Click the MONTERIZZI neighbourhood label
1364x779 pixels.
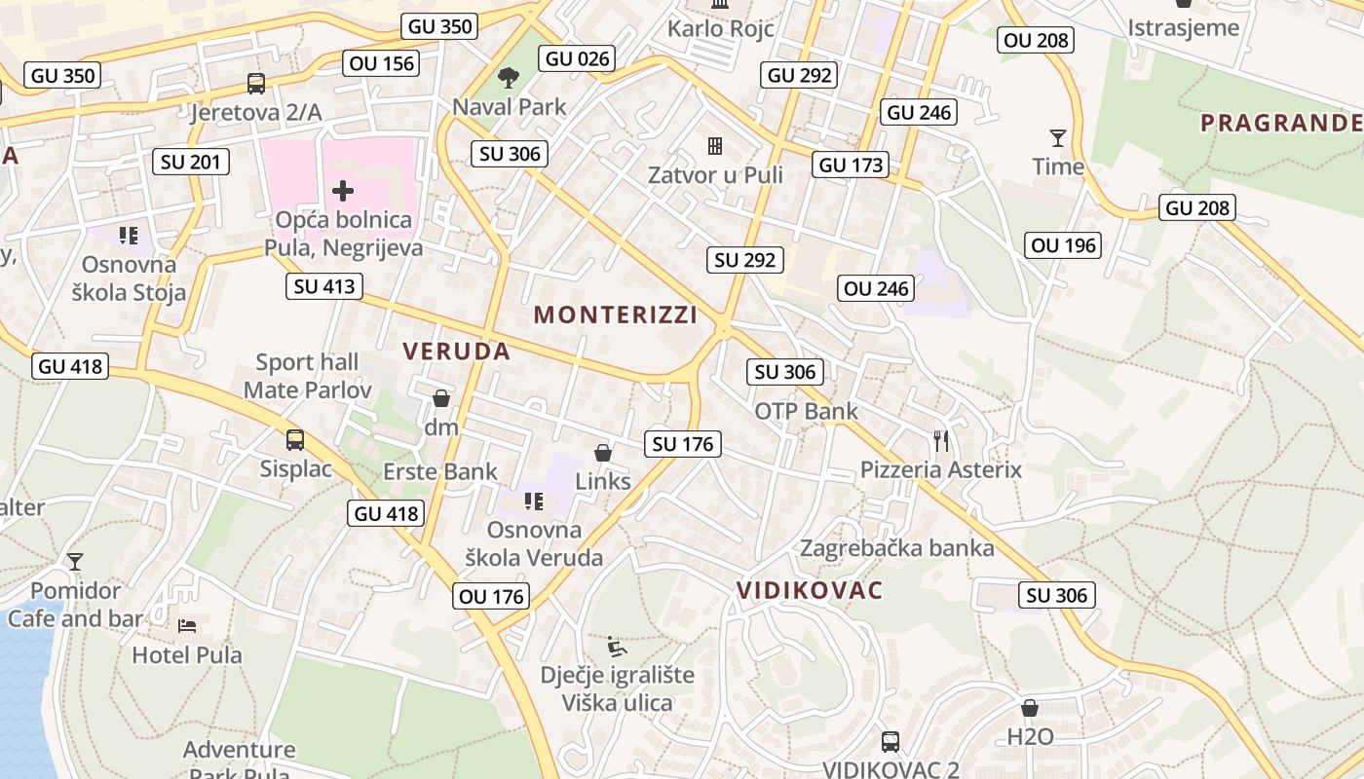coord(616,315)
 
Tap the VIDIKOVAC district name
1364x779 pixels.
coord(810,590)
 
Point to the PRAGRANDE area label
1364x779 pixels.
coord(1280,123)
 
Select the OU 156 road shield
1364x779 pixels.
coord(380,64)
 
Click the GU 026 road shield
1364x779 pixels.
coord(578,58)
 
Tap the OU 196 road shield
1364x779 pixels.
coord(1063,245)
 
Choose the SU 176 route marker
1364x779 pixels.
coord(684,445)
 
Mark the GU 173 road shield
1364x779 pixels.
coord(852,166)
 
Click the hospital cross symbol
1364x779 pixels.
coord(342,190)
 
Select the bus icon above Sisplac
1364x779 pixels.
coord(295,440)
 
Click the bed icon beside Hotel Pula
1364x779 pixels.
coord(187,625)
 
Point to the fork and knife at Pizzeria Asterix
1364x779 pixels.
coord(940,441)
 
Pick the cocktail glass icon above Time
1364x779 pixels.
coord(1057,138)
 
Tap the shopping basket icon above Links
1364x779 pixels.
coord(603,453)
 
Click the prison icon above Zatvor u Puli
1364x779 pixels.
coord(715,147)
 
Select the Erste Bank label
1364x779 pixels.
coord(440,472)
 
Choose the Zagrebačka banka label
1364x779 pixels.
coord(897,548)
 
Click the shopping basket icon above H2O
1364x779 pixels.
coord(1030,708)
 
